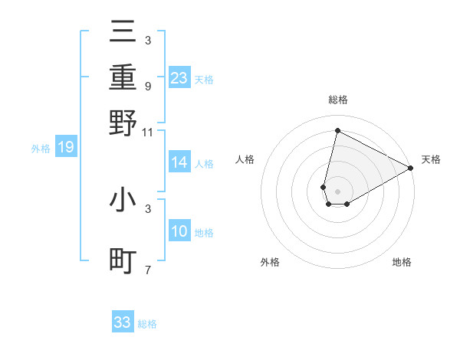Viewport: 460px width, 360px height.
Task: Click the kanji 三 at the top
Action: coord(123,33)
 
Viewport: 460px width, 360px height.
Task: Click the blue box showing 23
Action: coord(179,78)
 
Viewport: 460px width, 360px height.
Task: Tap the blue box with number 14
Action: coord(179,162)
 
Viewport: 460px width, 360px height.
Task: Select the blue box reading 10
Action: coord(179,231)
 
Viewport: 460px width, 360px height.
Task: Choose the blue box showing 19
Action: coord(65,148)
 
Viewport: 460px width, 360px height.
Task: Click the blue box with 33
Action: coord(123,322)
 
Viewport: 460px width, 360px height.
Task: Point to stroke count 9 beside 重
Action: coord(147,87)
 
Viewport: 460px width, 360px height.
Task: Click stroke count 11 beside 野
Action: coord(147,132)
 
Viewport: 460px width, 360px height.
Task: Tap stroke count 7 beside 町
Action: coord(147,270)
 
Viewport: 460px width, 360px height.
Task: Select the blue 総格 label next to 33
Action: coord(147,324)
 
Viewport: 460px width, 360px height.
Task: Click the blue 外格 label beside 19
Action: coord(41,149)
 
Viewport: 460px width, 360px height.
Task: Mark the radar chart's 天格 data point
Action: coord(411,169)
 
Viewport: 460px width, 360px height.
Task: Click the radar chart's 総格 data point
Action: coord(337,131)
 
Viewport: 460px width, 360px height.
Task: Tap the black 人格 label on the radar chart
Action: coord(245,159)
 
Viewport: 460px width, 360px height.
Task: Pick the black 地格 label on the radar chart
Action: coord(402,262)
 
